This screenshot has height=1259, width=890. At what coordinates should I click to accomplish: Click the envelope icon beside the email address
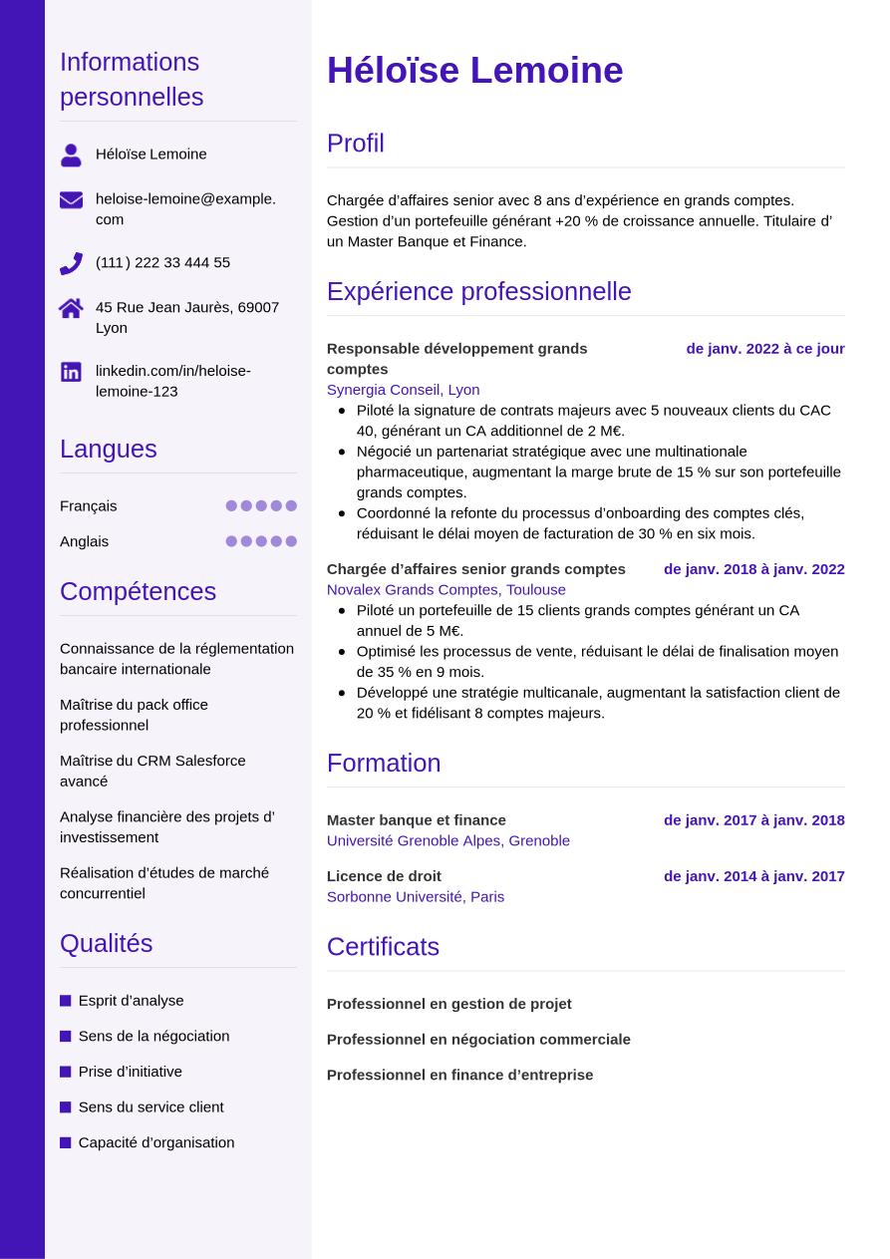point(71,199)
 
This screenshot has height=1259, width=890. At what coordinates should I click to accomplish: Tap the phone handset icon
point(71,263)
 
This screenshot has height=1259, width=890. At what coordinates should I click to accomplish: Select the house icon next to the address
point(71,308)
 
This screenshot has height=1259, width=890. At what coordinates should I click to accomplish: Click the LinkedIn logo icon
point(71,372)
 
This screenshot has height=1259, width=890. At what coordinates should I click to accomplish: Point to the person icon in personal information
point(71,155)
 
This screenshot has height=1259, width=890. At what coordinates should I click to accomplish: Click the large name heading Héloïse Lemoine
point(474,70)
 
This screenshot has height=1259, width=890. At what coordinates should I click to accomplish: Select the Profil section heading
point(355,143)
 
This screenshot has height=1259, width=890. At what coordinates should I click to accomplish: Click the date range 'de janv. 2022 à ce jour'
point(764,348)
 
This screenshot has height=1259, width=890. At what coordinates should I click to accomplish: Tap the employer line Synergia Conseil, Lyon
point(403,389)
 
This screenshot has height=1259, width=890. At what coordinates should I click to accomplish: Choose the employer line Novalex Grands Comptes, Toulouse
point(445,589)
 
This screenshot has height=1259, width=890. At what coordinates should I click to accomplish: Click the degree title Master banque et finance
point(416,819)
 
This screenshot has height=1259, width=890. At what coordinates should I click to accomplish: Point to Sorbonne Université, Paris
point(415,896)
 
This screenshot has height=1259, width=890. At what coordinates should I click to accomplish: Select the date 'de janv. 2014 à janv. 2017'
point(753,875)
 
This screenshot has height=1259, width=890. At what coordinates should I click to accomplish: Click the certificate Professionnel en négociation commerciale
point(478,1039)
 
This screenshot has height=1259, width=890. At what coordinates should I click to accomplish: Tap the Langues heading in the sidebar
point(108,449)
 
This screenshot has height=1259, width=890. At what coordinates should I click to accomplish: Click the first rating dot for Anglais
point(231,541)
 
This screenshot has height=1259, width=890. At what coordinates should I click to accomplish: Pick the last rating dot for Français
point(291,505)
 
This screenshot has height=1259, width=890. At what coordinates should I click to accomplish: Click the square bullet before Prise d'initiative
point(66,1072)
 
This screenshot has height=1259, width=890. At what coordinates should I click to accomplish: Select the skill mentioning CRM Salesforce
point(152,770)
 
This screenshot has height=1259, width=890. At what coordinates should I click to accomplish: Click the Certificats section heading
point(383,946)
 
